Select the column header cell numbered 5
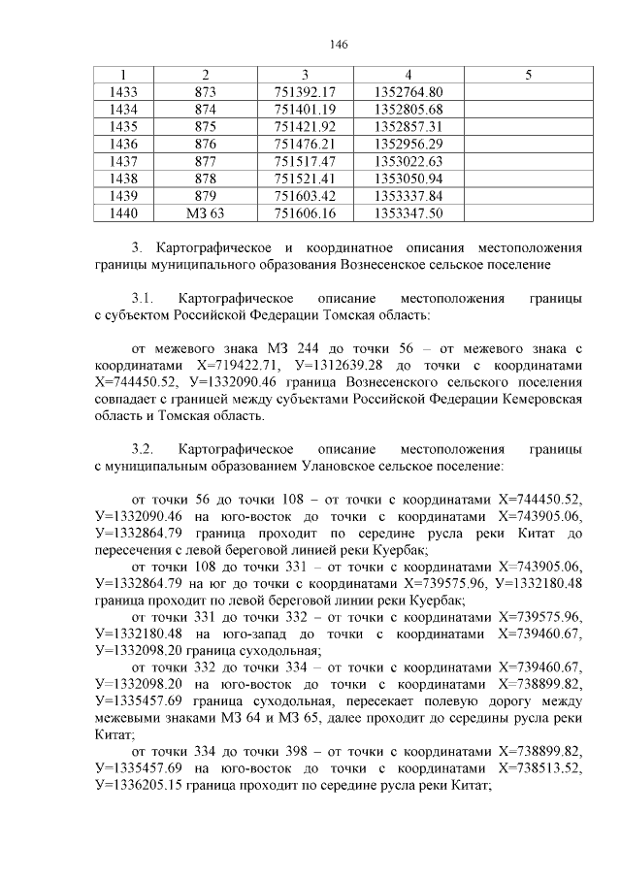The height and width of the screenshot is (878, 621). tap(527, 75)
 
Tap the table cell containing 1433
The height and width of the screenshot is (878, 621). tap(124, 91)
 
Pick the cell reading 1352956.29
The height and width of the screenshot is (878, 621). tap(408, 144)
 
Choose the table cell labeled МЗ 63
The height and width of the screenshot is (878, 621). tap(205, 213)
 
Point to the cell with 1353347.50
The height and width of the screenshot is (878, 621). tap(408, 213)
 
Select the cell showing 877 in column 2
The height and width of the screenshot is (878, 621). tap(205, 161)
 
